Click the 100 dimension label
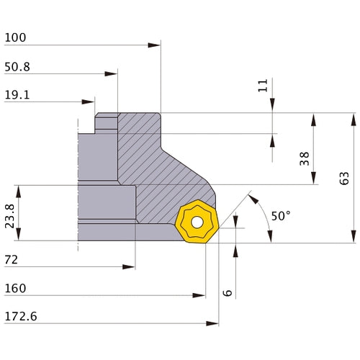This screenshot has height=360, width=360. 15,37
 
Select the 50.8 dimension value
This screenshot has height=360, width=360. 17,67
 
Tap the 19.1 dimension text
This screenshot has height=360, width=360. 17,95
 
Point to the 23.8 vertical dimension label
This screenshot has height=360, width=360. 10,216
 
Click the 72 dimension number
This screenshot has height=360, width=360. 12,260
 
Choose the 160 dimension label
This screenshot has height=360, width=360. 15,288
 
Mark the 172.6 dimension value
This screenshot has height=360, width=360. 21,317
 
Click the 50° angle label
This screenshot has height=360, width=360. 281,216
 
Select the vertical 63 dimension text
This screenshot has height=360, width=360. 344,178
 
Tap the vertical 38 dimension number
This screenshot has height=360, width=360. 305,158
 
